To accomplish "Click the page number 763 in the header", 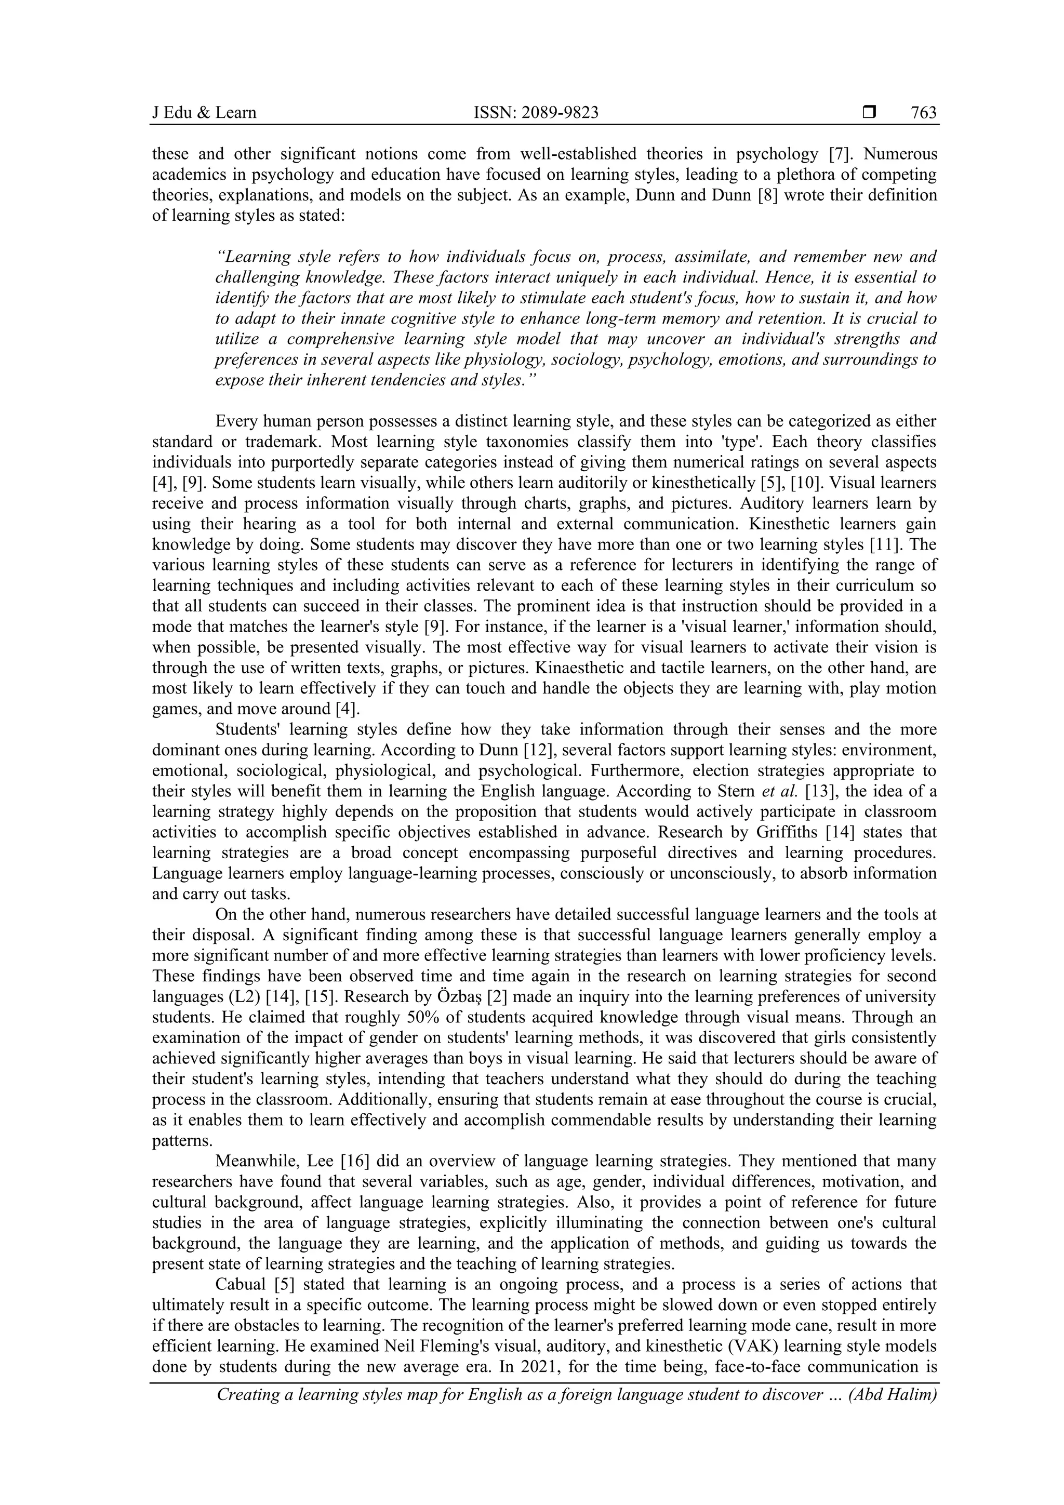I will [923, 113].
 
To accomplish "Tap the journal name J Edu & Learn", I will [204, 113].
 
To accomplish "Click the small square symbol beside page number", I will [869, 113].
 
